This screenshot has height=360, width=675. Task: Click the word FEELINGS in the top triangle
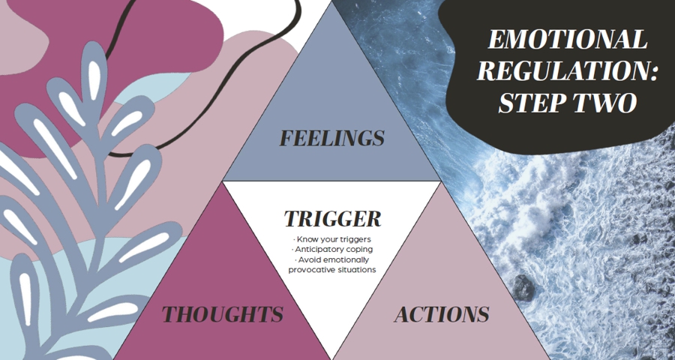pyautogui.click(x=331, y=139)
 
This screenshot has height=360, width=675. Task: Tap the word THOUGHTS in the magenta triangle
pyautogui.click(x=223, y=314)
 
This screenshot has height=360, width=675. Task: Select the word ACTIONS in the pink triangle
pyautogui.click(x=442, y=314)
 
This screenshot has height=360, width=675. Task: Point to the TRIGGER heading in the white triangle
pyautogui.click(x=332, y=219)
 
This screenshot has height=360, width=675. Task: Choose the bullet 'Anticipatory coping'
pyautogui.click(x=332, y=249)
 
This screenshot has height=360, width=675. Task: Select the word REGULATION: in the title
pyautogui.click(x=567, y=71)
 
